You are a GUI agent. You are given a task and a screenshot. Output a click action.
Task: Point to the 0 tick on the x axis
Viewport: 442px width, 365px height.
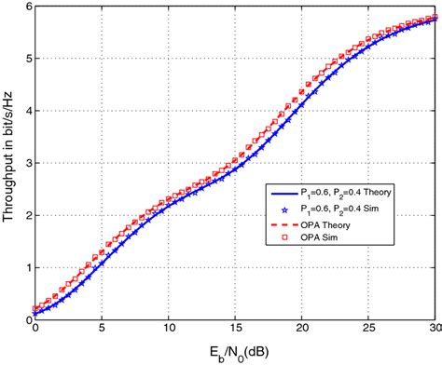click(35, 331)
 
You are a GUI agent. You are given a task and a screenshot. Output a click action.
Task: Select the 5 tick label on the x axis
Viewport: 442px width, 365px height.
click(102, 331)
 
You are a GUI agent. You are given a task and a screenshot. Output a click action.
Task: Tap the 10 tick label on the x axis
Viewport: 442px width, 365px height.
click(168, 331)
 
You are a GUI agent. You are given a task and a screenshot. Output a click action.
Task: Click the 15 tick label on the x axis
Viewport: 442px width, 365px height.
click(235, 331)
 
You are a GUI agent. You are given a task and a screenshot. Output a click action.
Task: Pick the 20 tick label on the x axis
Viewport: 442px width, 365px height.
click(302, 331)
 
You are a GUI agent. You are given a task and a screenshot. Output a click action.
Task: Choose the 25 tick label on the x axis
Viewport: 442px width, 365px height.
click(369, 331)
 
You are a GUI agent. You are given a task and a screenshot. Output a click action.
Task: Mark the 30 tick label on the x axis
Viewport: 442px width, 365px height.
click(435, 331)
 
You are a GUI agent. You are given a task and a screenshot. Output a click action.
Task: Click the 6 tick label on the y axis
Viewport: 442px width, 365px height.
click(26, 7)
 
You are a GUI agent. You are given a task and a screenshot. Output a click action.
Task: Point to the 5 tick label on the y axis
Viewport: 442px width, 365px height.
click(26, 59)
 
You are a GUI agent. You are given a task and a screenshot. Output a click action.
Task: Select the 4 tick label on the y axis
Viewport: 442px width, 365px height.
click(26, 111)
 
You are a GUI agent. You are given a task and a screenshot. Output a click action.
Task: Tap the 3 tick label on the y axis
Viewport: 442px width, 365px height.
click(26, 163)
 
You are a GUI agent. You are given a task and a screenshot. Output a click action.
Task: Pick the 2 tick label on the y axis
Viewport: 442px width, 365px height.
click(26, 215)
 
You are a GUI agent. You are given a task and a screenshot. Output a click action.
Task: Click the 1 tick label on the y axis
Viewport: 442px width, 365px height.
click(26, 267)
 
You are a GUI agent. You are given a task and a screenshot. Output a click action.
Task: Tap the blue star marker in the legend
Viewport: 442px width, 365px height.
click(277, 210)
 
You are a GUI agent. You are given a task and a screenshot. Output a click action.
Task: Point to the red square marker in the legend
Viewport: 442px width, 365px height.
click(277, 247)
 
